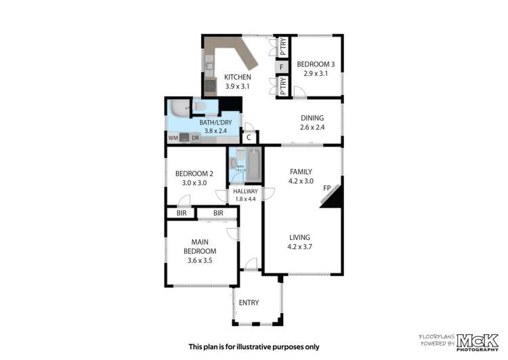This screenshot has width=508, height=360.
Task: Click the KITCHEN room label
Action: point(237,77)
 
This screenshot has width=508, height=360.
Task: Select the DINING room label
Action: point(312,117)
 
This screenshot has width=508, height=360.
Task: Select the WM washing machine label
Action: point(173,138)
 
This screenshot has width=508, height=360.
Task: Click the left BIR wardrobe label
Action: point(181,213)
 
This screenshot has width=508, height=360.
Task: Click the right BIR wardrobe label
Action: point(217,213)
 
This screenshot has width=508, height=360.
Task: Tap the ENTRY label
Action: point(249,302)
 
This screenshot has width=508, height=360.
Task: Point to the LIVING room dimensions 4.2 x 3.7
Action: point(299,247)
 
